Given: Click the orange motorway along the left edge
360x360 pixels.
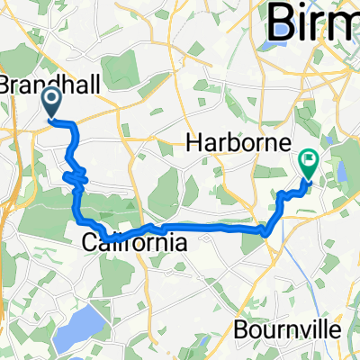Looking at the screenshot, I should click(7, 216).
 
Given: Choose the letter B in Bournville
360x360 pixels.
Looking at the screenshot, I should click(238, 329).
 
